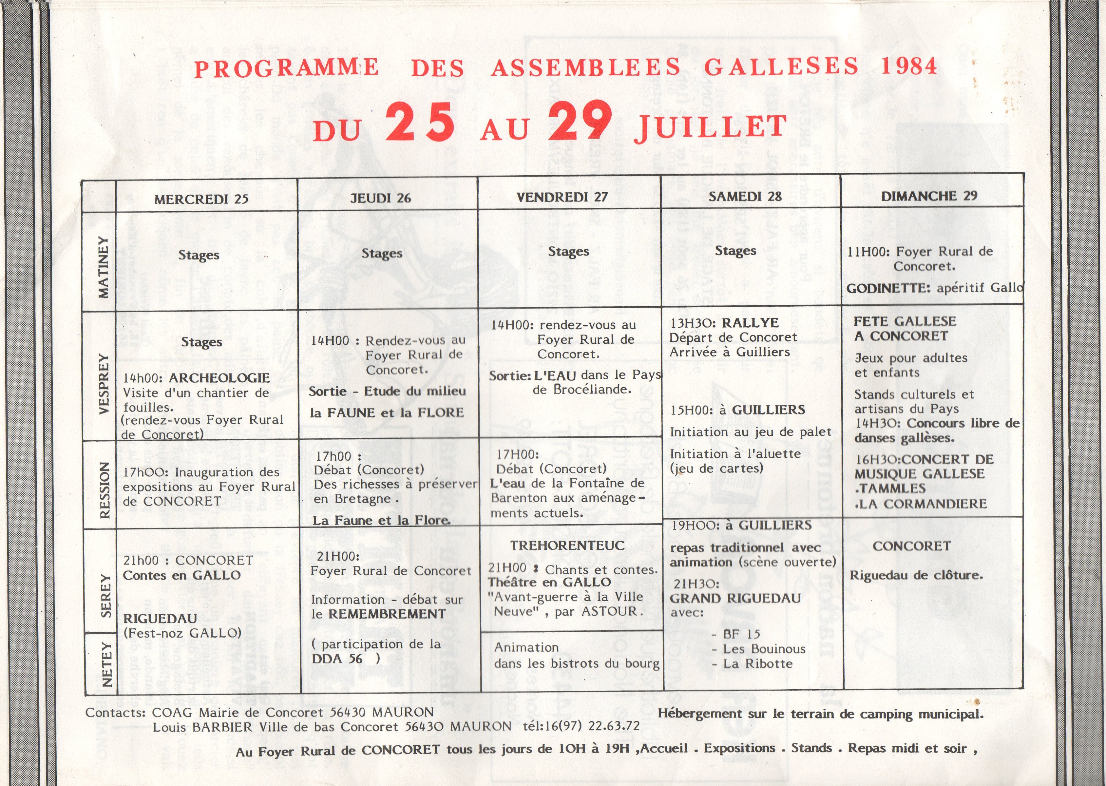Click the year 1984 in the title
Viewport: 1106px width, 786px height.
908,66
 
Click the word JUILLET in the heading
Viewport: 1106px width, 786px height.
710,128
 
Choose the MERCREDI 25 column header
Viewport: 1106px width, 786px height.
201,199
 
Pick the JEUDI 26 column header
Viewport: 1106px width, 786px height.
380,198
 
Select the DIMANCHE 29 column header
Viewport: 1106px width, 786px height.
929,196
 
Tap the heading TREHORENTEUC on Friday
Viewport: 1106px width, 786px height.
567,546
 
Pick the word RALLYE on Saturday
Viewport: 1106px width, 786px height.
751,323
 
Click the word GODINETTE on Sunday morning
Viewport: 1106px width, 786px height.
888,288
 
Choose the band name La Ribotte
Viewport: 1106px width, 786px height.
758,663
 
